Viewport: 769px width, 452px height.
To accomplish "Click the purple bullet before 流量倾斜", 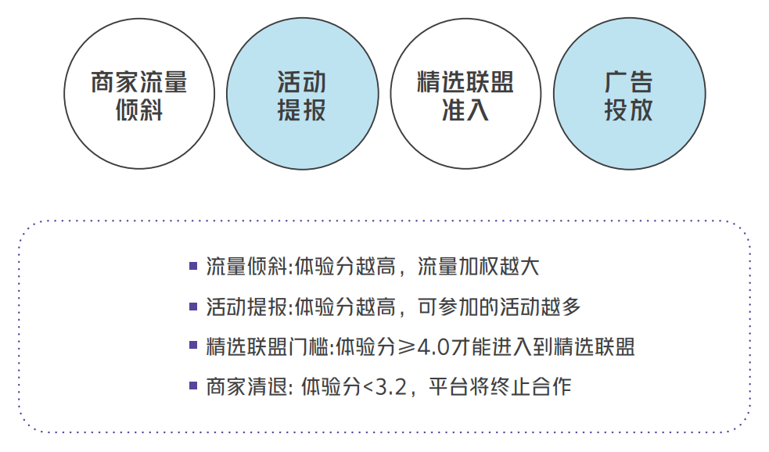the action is [193, 265].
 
